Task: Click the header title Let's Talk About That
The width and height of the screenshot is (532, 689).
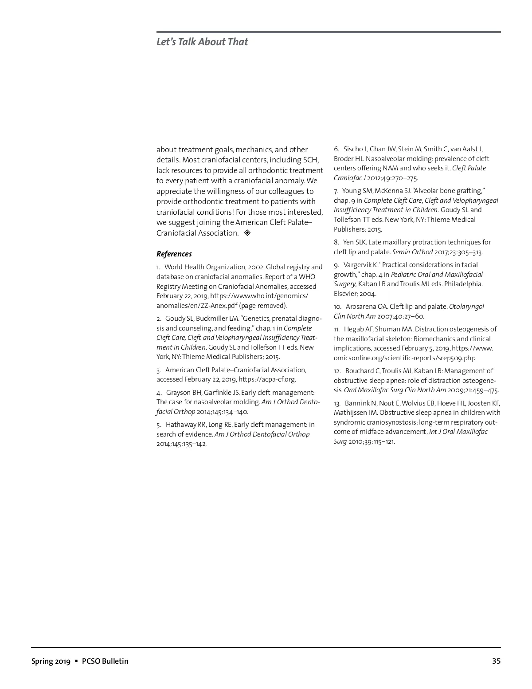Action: tap(202, 42)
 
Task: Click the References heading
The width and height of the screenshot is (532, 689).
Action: tap(174, 254)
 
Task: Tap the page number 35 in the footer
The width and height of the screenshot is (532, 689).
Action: tap(496, 661)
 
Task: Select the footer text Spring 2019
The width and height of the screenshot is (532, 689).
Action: tap(51, 661)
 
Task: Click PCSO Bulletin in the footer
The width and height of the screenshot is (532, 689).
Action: tap(105, 661)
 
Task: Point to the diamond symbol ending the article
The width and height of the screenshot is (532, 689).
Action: tap(247, 233)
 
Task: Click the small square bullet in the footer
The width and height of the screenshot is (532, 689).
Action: tap(76, 661)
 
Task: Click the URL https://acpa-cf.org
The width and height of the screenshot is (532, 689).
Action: tap(267, 379)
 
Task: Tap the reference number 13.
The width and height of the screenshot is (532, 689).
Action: tap(336, 403)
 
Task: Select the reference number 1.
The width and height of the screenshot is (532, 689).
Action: tap(158, 267)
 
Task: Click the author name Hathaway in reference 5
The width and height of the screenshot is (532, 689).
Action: tap(180, 425)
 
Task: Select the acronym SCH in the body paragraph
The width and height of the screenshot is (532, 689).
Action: tap(310, 160)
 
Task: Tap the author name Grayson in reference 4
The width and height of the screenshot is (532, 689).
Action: tap(178, 393)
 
